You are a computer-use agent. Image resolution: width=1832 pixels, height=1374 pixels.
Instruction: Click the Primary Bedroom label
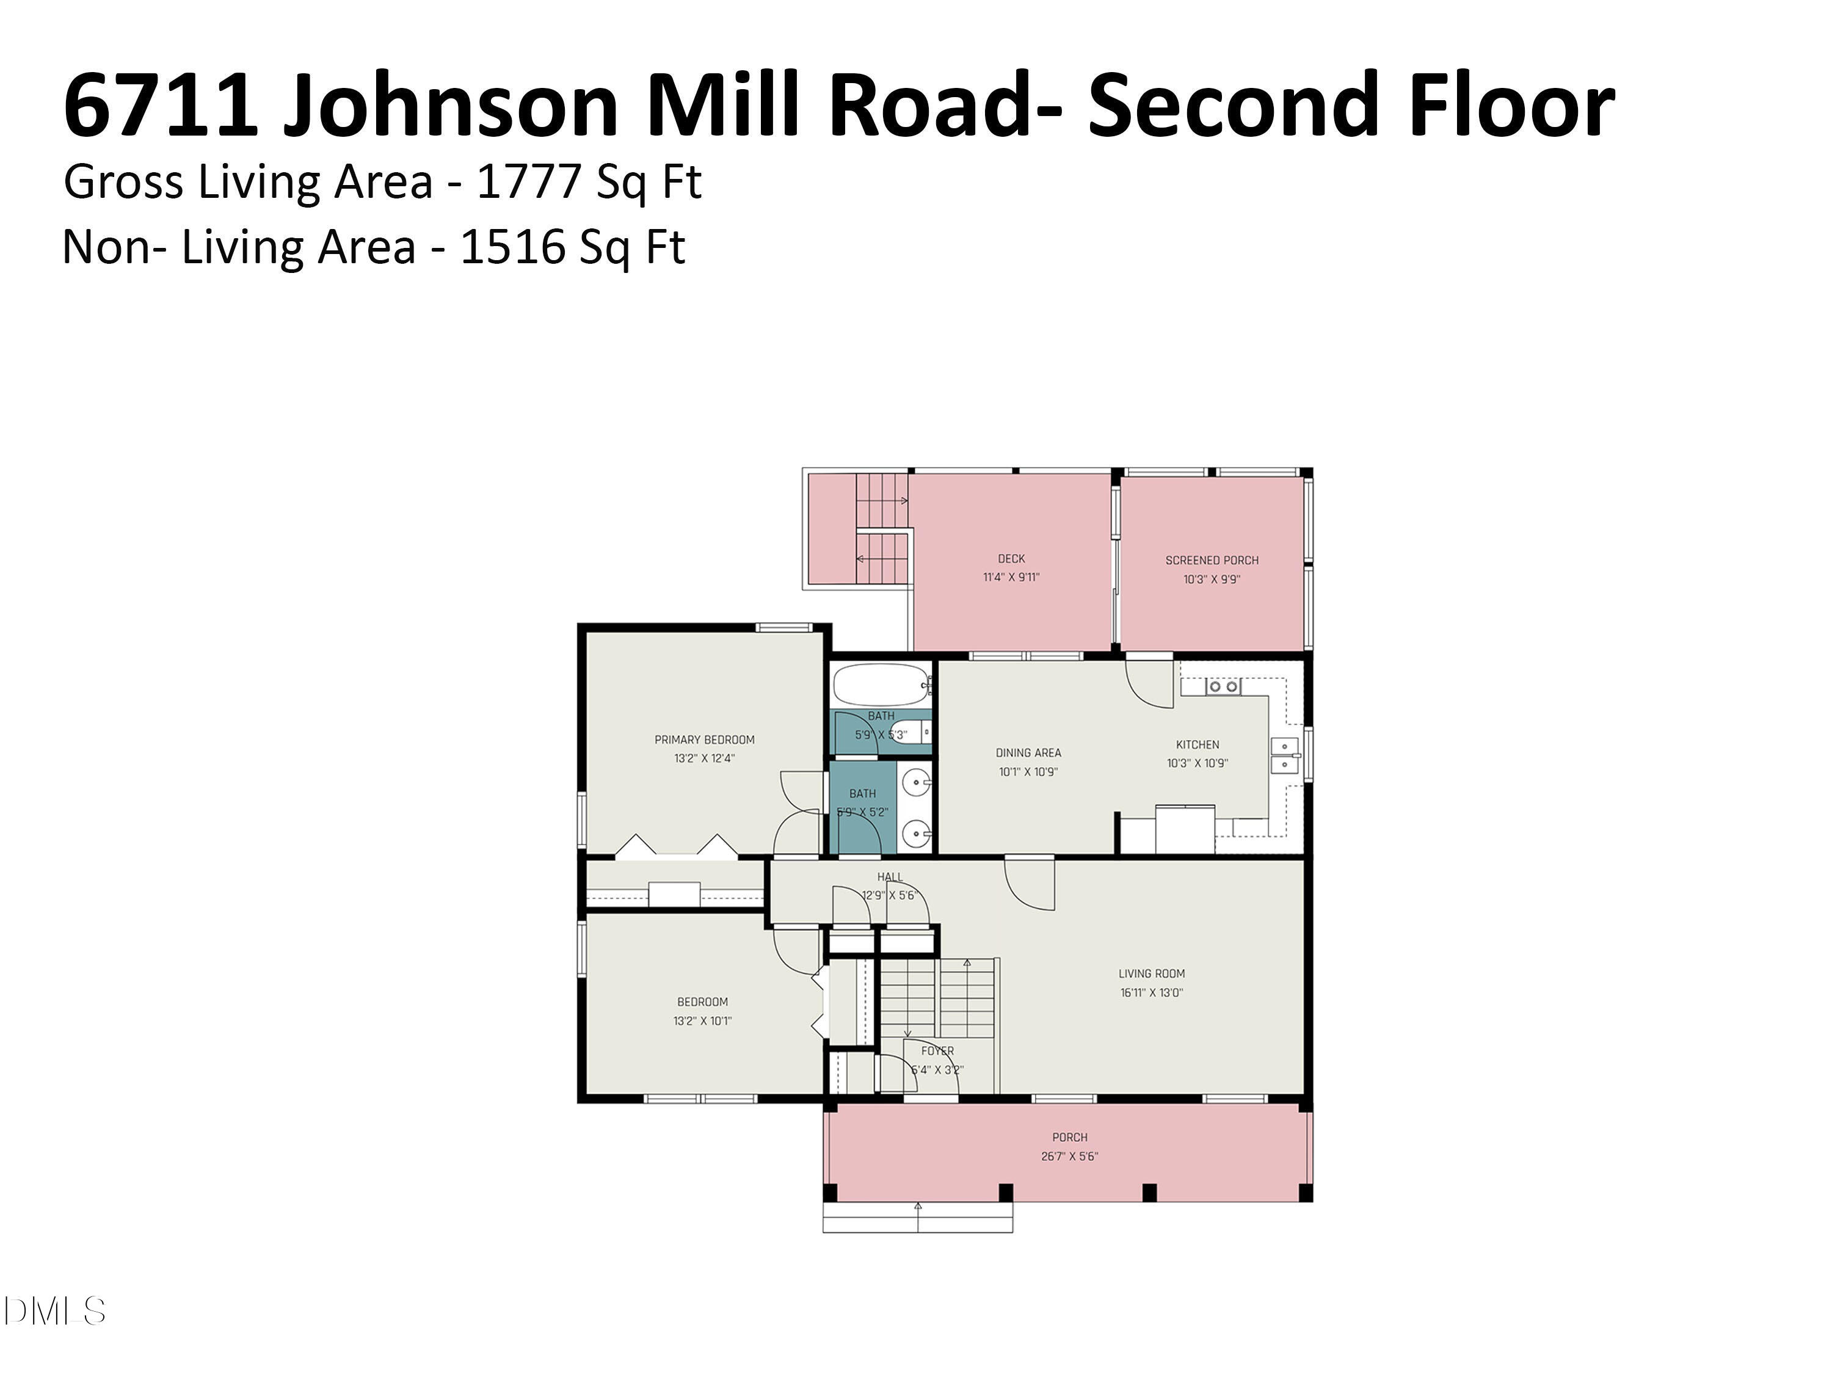[x=704, y=740]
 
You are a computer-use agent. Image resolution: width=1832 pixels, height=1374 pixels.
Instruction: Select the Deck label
[x=1011, y=559]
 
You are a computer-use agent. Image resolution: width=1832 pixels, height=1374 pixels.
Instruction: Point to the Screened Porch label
[x=1212, y=561]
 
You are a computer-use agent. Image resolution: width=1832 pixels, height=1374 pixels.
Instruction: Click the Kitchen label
[x=1198, y=744]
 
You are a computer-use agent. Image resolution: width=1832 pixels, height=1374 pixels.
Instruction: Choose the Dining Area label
[x=1028, y=753]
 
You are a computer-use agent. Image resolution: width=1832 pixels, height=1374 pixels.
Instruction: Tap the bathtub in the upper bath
[x=879, y=685]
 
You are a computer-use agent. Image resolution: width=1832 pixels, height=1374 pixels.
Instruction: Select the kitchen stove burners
[x=1223, y=686]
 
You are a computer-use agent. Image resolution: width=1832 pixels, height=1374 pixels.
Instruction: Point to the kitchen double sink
[x=1285, y=755]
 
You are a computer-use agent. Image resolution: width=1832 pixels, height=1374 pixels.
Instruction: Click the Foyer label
[x=937, y=1051]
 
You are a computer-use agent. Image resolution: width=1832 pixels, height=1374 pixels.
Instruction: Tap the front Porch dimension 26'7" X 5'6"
[x=1069, y=1156]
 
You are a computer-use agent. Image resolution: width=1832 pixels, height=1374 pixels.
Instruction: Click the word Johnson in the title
[x=451, y=106]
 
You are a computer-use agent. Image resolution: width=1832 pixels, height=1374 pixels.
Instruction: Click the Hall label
[x=890, y=877]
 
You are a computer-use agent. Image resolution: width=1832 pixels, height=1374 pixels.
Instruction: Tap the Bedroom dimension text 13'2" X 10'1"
[x=702, y=1021]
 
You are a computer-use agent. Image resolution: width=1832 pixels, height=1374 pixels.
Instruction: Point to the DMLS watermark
[x=54, y=1311]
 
